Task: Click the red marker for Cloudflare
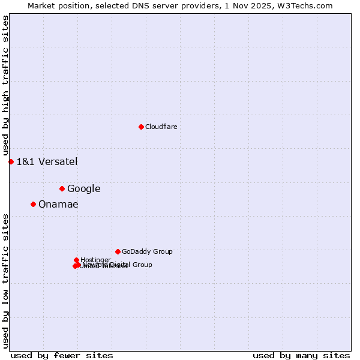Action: coord(141,127)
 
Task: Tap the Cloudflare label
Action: coord(161,127)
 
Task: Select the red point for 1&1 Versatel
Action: coord(11,161)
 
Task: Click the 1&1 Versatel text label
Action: coord(47,161)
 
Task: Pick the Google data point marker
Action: coord(62,188)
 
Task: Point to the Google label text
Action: coord(83,188)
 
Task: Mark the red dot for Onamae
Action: coord(33,204)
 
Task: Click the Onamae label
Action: coord(58,204)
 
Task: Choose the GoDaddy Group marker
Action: coord(118,251)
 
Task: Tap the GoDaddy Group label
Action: coord(147,251)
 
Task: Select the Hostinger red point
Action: coord(76,260)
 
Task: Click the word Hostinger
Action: coord(95,260)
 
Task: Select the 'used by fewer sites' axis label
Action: coord(62,355)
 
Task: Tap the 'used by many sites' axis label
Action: coord(301,355)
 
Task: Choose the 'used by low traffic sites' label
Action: coord(5,281)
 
